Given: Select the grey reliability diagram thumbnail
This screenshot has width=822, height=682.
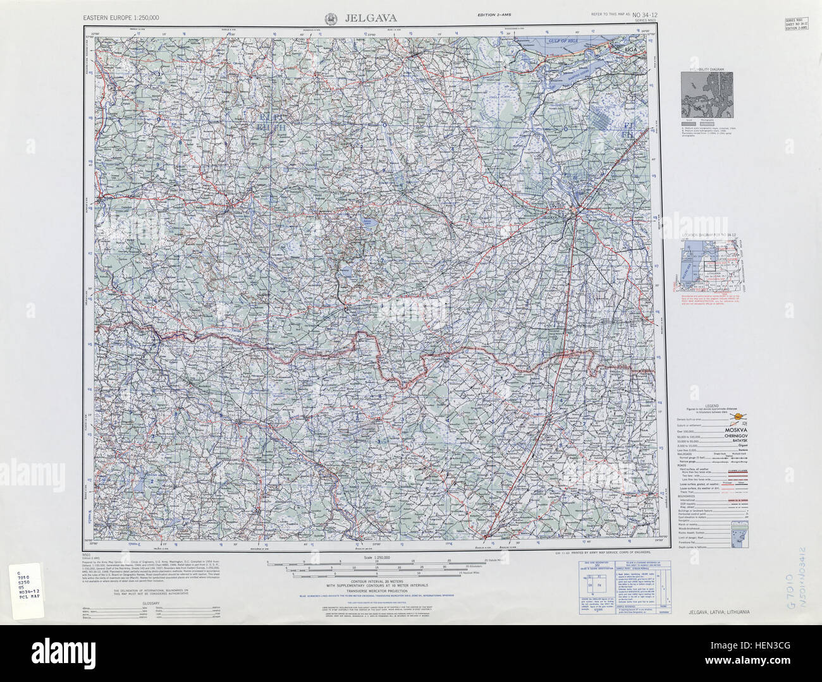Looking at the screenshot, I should click(x=707, y=93).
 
